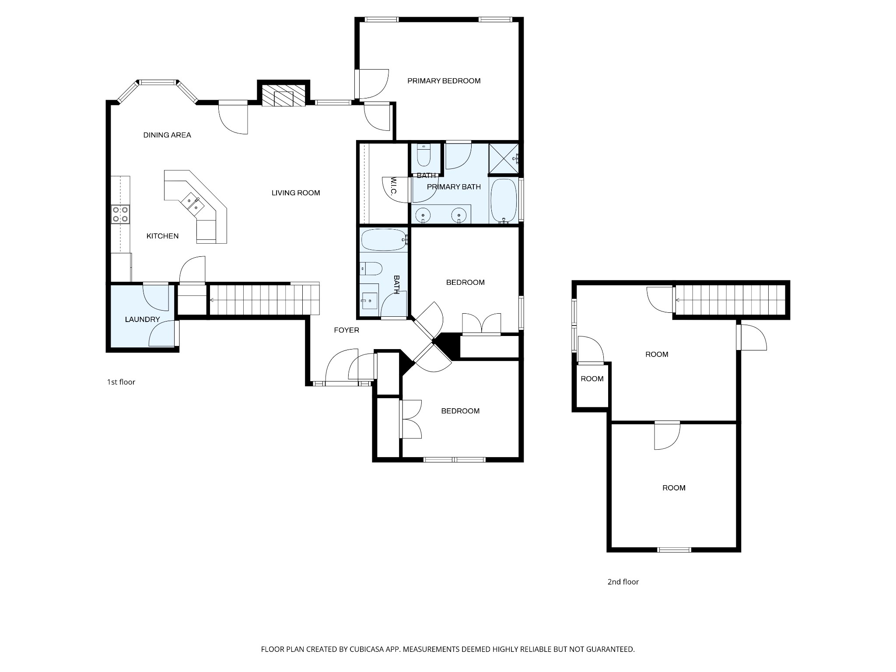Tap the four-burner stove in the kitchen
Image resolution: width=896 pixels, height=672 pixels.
pos(120,214)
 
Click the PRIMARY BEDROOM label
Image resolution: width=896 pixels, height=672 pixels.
pos(444,81)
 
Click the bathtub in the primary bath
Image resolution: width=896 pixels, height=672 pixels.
pos(504,201)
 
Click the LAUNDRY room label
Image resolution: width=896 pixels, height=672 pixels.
pos(142,319)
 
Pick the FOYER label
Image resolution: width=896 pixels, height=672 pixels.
pos(346,330)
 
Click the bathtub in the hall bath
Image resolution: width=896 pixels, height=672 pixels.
pos(383,239)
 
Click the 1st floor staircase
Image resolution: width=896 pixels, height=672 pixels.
pos(262,300)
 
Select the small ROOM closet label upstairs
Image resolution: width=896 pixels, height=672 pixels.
pos(592,379)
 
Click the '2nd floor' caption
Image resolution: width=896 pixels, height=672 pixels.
pos(623,582)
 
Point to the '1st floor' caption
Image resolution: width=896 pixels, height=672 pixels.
pos(121,382)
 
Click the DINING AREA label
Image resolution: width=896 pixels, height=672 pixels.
pos(167,135)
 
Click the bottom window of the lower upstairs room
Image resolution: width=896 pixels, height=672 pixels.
pos(674,549)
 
